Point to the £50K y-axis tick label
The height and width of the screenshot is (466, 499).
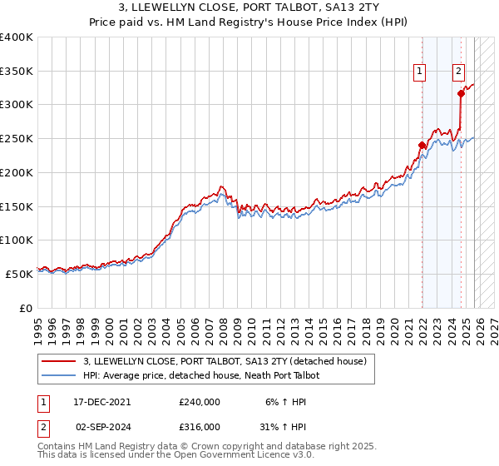point(20,273)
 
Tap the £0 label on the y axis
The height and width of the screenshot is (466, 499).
point(27,307)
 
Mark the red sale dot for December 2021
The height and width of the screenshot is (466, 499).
point(422,145)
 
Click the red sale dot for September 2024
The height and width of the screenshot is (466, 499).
point(461,94)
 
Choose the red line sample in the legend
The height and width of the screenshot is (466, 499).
point(59,361)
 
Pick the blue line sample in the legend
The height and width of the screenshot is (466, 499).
point(59,376)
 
